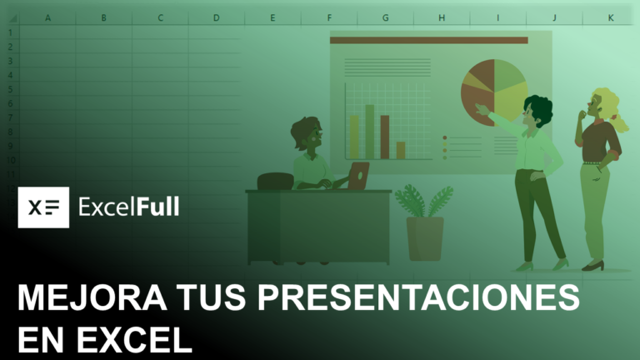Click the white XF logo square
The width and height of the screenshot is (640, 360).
tap(43, 207)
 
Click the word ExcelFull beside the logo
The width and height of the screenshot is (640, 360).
tap(128, 207)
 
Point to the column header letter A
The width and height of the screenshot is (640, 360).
tap(47, 17)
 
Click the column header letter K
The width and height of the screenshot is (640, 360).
tap(611, 17)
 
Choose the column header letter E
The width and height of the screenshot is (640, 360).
tap(272, 17)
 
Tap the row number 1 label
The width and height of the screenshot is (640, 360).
tap(10, 32)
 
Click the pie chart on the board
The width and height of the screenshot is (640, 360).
tap(495, 92)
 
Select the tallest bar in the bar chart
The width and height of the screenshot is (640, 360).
tap(369, 132)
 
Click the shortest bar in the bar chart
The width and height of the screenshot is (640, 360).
tap(401, 150)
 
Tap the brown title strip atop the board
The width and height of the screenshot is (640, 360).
tap(429, 40)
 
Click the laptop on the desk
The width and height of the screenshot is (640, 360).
tap(358, 176)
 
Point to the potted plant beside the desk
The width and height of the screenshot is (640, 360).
tap(424, 221)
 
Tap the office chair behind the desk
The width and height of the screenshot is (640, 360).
tap(274, 181)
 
